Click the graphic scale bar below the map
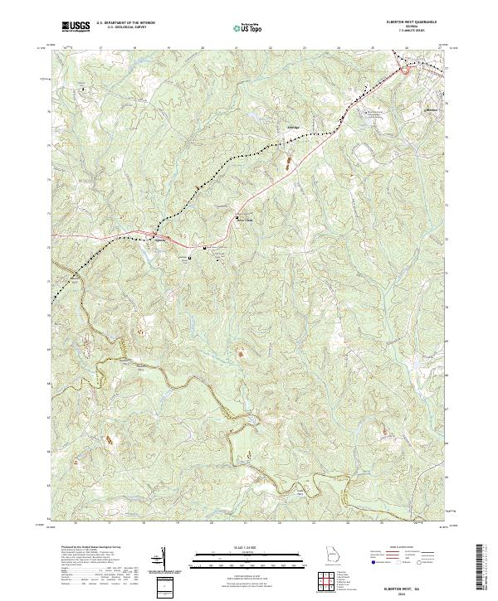pyautogui.click(x=247, y=557)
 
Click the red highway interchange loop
pyautogui.click(x=406, y=71)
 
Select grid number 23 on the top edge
pyautogui.click(x=305, y=48)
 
